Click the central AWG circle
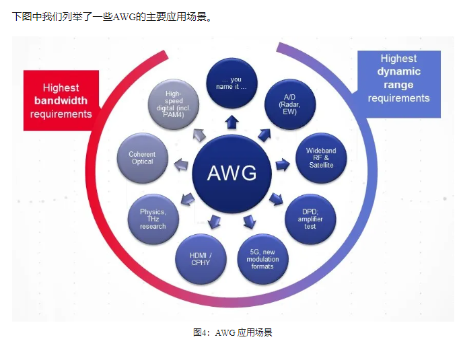pos(232,173)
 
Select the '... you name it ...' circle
pos(231,84)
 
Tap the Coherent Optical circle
pos(142,159)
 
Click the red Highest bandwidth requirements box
pos(61,101)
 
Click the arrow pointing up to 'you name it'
pos(232,121)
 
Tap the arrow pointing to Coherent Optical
pos(180,164)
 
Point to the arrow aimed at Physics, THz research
pos(188,198)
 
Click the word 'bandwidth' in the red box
pos(61,101)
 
